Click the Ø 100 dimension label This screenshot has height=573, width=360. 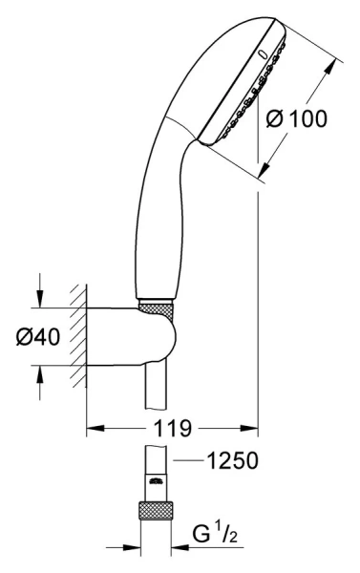tap(296, 119)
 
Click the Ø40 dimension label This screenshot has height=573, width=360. tap(37, 336)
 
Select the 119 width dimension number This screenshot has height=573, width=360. tap(172, 428)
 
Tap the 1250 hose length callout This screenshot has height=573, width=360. tap(232, 460)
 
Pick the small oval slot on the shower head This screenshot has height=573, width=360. tap(263, 54)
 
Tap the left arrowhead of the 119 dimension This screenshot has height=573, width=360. tap(95, 428)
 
